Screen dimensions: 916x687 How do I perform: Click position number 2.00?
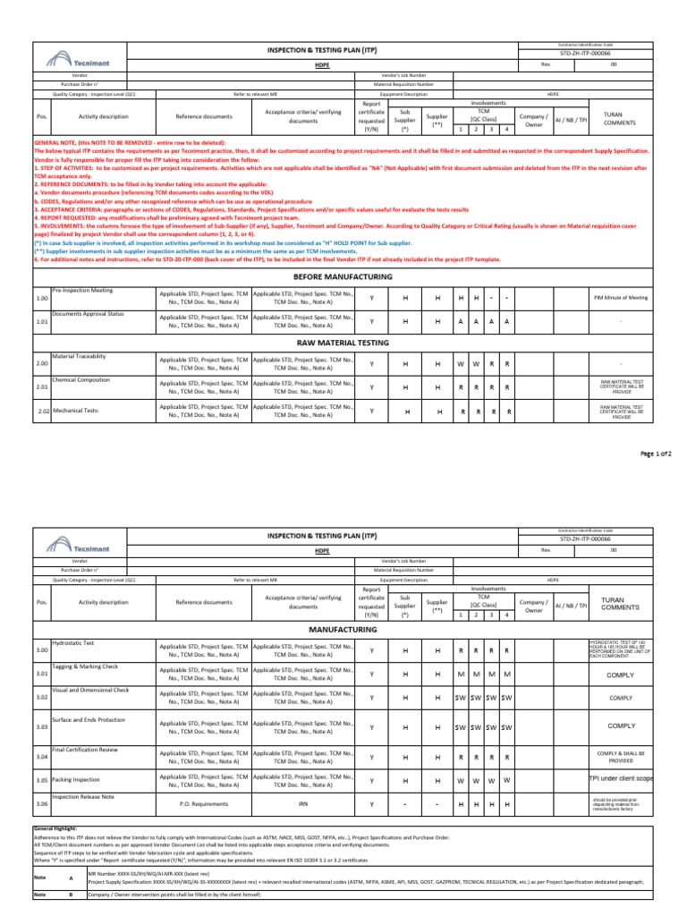tap(41, 364)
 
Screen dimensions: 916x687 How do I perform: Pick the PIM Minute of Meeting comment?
tap(621, 297)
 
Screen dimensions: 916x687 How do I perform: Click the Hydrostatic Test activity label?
tap(72, 643)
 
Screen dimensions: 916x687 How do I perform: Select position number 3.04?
tap(41, 757)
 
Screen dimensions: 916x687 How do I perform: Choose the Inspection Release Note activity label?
tap(83, 796)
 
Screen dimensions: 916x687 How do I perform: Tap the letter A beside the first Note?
tap(71, 878)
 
